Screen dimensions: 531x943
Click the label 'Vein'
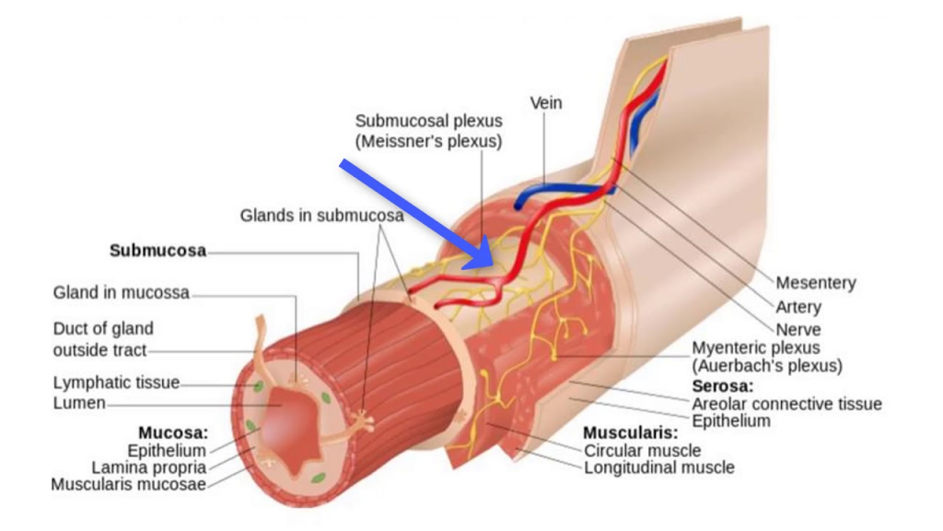[x=545, y=103]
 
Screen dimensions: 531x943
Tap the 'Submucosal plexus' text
[x=429, y=121]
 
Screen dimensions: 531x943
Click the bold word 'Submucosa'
[x=157, y=251]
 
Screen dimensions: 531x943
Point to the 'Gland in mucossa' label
[x=121, y=292]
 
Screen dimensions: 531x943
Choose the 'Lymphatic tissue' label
[x=116, y=383]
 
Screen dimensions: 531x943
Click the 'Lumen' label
[x=79, y=403]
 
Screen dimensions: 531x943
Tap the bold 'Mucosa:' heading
[x=173, y=432]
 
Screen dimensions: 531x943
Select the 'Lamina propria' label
[x=148, y=467]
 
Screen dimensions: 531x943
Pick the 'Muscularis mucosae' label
[x=128, y=485]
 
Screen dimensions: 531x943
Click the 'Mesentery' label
[x=815, y=283]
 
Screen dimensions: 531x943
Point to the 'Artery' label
[x=797, y=306]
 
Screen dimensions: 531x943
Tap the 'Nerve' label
[x=797, y=329]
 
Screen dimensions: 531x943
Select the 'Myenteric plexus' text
[x=755, y=348]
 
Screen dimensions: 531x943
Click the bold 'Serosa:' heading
[x=722, y=385]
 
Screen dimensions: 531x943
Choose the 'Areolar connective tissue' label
[x=786, y=404]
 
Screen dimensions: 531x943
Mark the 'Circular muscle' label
[x=642, y=451]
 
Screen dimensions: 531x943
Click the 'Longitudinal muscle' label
[x=659, y=467]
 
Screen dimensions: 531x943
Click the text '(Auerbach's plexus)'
[x=766, y=366]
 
